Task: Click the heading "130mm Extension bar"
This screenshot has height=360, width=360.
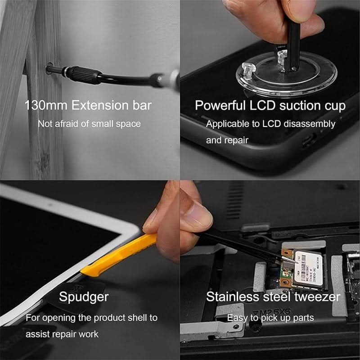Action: point(88,106)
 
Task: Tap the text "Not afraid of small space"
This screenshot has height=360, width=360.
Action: point(89,124)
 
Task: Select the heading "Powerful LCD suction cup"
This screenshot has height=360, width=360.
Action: point(270,106)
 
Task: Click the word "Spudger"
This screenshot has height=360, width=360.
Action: point(84,297)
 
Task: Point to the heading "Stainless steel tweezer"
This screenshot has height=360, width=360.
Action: point(273,297)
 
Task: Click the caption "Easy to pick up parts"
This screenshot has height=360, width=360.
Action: point(270,318)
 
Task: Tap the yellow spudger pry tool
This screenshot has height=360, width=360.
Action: point(117,256)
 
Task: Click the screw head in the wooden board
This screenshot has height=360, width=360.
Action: point(49,69)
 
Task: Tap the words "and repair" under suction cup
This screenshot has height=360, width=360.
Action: point(227,140)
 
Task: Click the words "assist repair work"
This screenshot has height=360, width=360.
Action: point(62,334)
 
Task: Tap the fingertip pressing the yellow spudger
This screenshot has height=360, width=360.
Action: point(151,220)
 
